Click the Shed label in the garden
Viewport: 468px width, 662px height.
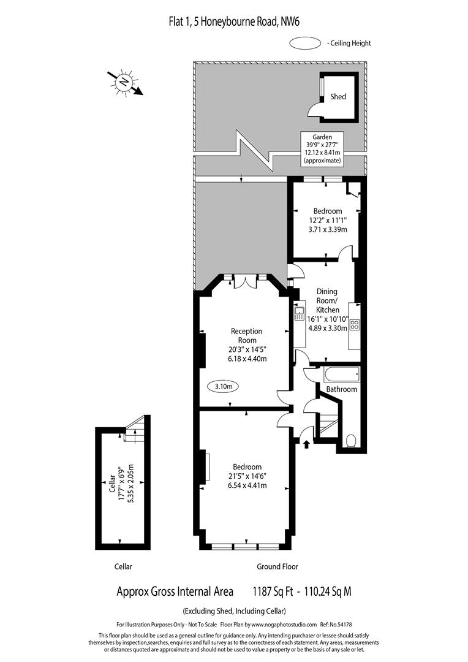click(x=338, y=97)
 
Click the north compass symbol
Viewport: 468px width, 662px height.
click(x=125, y=82)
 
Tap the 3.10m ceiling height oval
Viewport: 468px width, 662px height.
click(x=224, y=387)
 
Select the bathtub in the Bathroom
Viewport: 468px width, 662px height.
click(x=339, y=374)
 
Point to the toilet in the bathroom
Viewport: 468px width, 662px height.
click(x=352, y=441)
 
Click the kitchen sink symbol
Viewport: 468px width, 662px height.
click(x=300, y=314)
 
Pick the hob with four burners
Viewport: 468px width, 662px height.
click(x=354, y=325)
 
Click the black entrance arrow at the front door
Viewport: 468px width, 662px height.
click(x=306, y=443)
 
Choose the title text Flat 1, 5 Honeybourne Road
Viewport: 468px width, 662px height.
click(x=234, y=22)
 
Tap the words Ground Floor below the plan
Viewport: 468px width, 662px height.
click(x=277, y=566)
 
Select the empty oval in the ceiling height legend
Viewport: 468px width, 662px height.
click(x=304, y=43)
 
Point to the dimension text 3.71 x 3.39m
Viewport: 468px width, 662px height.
click(x=327, y=229)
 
